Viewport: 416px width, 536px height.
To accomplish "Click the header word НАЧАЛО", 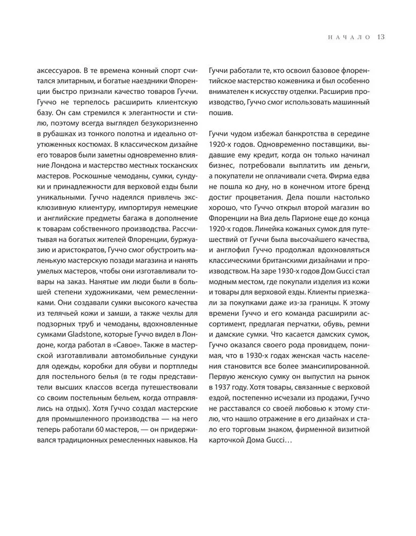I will (x=349, y=37).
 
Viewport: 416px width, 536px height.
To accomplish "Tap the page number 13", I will (x=381, y=37).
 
